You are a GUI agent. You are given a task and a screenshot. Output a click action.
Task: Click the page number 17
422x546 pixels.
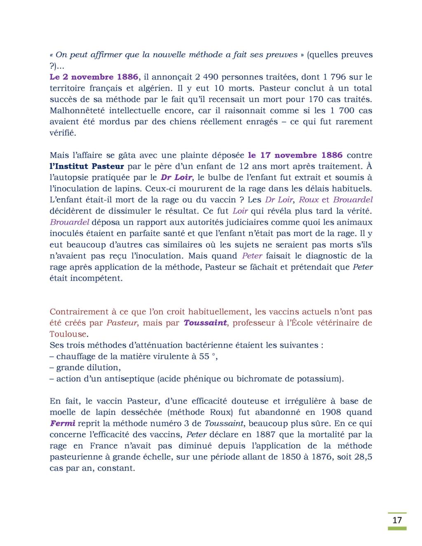click(396, 520)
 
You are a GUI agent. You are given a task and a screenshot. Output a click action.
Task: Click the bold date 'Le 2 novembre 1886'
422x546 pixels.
click(94, 77)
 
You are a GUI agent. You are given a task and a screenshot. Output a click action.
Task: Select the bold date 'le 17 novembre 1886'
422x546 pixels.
click(295, 155)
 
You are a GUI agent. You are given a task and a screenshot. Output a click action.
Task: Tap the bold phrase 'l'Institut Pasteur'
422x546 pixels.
click(87, 166)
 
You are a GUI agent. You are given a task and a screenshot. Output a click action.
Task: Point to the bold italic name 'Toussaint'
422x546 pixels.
click(205, 323)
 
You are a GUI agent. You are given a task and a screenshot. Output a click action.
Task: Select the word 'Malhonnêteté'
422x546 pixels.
click(77, 110)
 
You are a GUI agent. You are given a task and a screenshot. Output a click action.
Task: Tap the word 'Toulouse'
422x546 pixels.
click(68, 334)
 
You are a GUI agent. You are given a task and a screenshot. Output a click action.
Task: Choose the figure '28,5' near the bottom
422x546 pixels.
click(363, 457)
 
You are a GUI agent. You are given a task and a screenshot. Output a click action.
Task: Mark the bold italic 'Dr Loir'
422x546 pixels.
click(177, 178)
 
